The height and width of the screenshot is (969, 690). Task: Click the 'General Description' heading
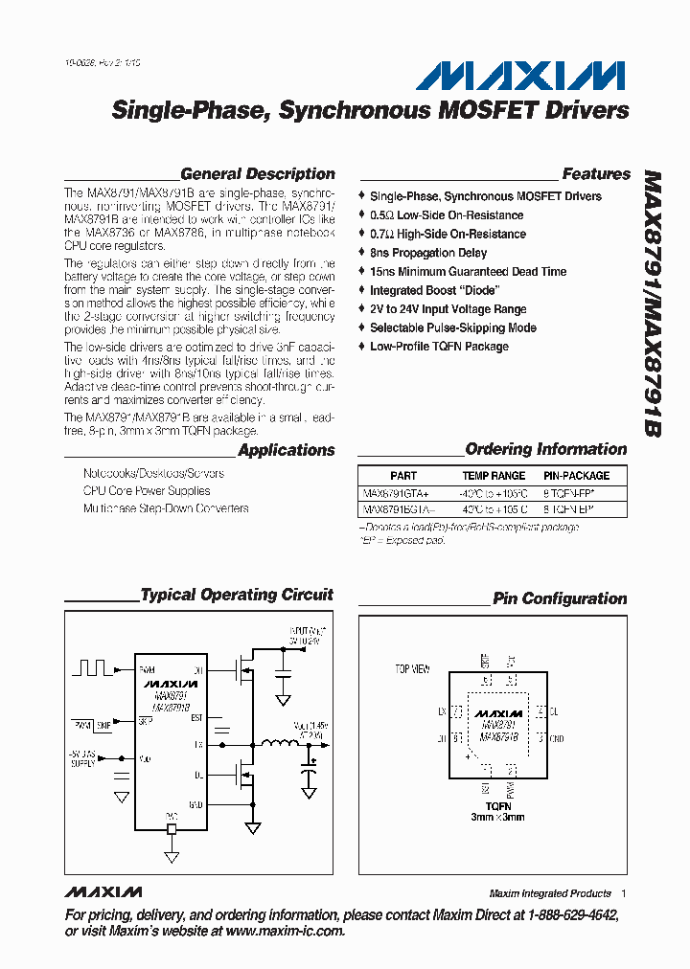pos(257,174)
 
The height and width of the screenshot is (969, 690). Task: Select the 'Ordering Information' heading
pos(545,449)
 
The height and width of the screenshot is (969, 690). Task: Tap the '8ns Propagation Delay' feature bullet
pos(428,253)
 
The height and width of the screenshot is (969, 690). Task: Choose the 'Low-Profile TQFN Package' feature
pos(439,347)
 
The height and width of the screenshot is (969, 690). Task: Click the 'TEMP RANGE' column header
pos(494,476)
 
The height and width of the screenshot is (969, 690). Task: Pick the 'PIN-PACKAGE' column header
pos(576,476)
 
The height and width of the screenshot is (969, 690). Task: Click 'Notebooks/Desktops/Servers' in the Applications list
pos(153,474)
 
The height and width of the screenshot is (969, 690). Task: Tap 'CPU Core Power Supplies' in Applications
pos(147,491)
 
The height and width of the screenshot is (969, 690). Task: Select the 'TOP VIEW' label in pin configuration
pos(413,668)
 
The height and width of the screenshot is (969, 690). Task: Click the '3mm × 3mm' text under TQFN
pos(497,817)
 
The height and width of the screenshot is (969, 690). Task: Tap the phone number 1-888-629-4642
pos(567,915)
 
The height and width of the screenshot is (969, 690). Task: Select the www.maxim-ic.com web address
pos(285,931)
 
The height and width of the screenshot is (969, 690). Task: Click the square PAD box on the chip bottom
pos(172,829)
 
